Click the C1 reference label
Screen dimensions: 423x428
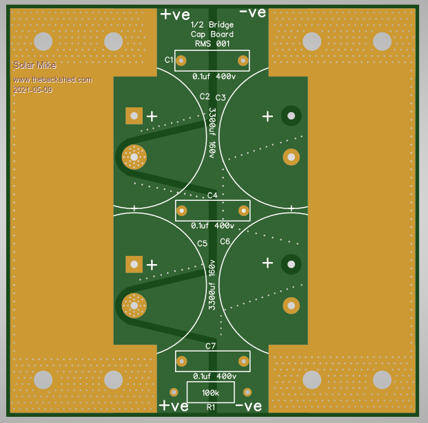point(169,61)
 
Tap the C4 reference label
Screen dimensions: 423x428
point(212,196)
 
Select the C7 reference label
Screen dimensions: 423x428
point(211,345)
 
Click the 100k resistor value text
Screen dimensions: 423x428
point(210,393)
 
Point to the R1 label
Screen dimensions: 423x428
point(211,407)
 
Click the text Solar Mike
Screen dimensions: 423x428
point(34,66)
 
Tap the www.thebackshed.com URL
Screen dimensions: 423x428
point(52,80)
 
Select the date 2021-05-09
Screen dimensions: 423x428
point(32,89)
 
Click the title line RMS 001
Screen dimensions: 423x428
point(212,43)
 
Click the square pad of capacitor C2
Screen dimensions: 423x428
point(133,116)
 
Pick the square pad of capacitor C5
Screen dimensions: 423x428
point(133,263)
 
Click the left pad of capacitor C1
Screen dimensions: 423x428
point(182,61)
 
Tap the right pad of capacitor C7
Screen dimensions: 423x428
point(243,360)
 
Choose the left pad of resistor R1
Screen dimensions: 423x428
point(174,392)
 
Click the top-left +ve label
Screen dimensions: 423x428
point(174,14)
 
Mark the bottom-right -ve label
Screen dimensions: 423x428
point(249,406)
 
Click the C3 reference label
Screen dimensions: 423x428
point(221,98)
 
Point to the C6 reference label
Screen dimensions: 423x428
point(225,241)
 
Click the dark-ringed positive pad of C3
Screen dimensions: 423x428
point(291,116)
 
